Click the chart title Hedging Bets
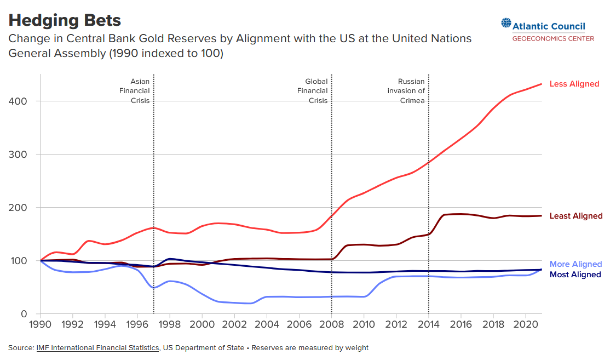pyautogui.click(x=65, y=21)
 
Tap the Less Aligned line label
pyautogui.click(x=574, y=84)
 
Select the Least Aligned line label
pyautogui.click(x=575, y=216)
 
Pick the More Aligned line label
pyautogui.click(x=575, y=264)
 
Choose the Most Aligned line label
pyautogui.click(x=575, y=275)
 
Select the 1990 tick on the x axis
pyautogui.click(x=41, y=324)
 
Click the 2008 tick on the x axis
pyautogui.click(x=331, y=324)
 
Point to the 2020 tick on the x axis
pyautogui.click(x=525, y=324)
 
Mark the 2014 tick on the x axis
pyautogui.click(x=428, y=324)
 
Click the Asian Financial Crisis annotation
pyautogui.click(x=135, y=91)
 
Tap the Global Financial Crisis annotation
pyautogui.click(x=313, y=91)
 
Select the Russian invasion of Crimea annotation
pyautogui.click(x=406, y=91)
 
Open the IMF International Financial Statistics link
pyautogui.click(x=98, y=348)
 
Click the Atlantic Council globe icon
pyautogui.click(x=505, y=24)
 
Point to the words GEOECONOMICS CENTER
pyautogui.click(x=553, y=38)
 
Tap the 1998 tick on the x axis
pyautogui.click(x=170, y=324)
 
